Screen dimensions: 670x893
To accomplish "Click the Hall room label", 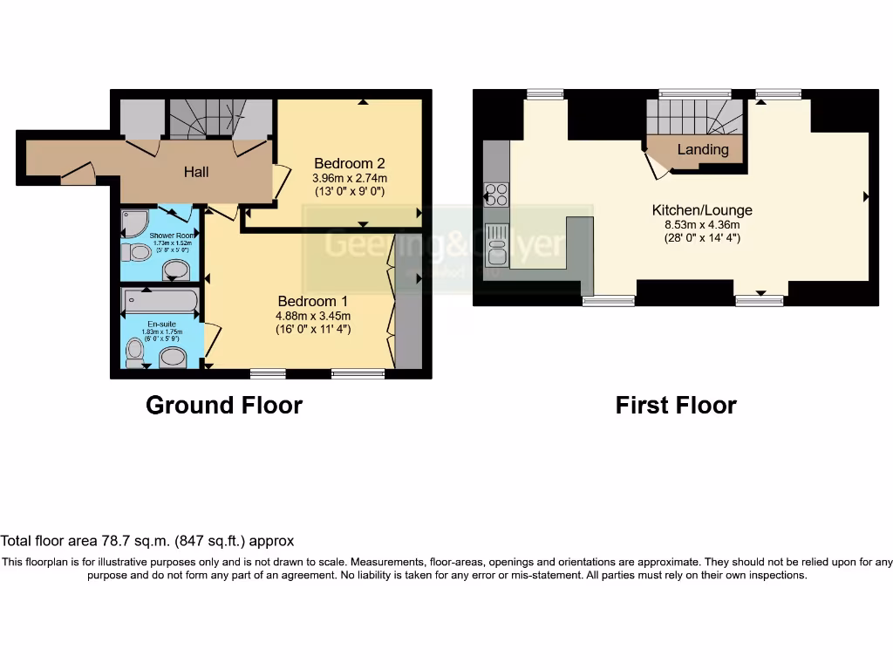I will coord(196,172).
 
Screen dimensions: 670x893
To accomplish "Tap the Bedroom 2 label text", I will coord(350,163).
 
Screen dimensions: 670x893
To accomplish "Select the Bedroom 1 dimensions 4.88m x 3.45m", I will coord(313,316).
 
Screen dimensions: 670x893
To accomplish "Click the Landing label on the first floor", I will coord(702,149).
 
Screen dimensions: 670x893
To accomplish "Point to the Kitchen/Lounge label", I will coord(701,210).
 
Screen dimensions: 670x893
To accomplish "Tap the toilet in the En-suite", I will coord(135,352).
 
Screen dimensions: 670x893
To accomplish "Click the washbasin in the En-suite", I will coord(174,358).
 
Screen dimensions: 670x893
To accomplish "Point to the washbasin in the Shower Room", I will coord(175,268).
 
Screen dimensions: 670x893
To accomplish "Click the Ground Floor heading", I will coord(223,406).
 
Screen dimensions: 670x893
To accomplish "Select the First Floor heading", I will coord(676,406).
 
